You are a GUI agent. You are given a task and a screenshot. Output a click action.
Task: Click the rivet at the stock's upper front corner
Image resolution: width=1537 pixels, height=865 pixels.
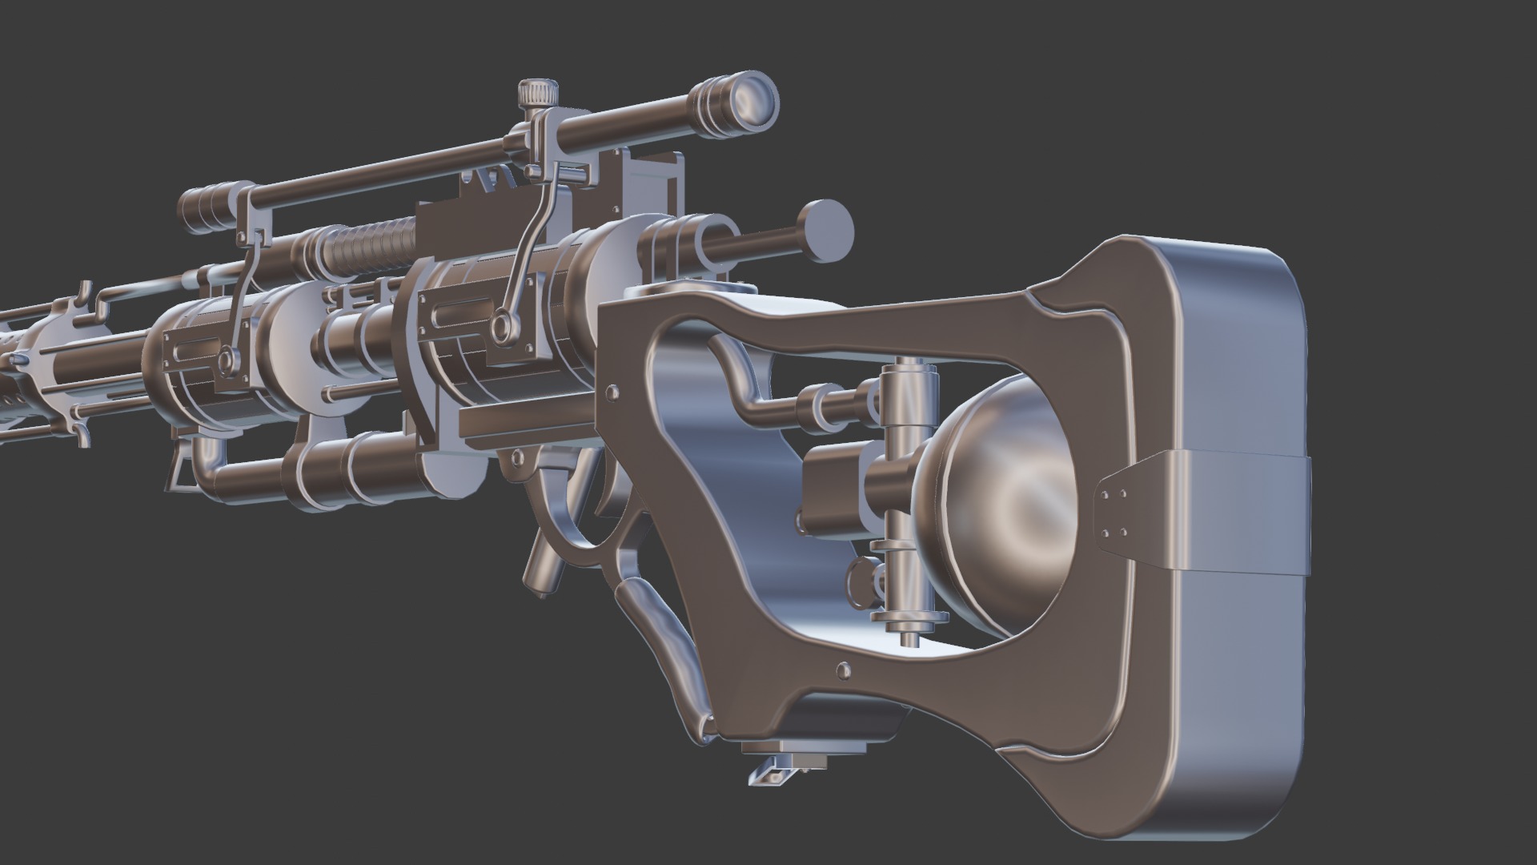tap(612, 392)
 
